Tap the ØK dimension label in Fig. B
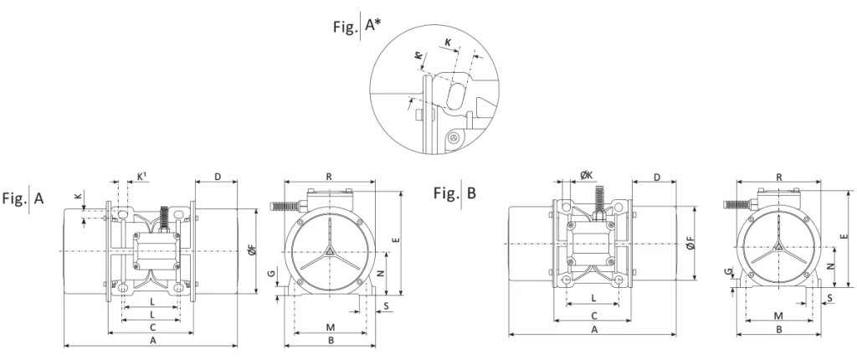point(587,176)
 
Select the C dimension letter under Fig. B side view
point(593,316)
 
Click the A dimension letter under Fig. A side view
point(152,342)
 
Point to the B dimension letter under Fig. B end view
point(777,330)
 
